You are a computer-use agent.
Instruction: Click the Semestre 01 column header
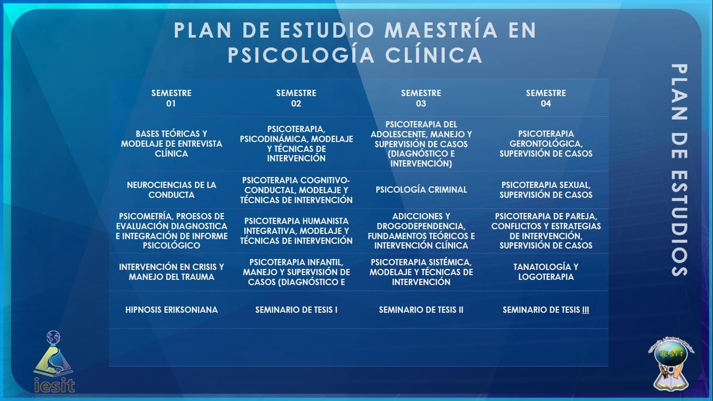point(171,98)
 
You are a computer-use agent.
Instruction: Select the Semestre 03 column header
point(421,98)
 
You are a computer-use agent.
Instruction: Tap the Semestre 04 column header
point(545,98)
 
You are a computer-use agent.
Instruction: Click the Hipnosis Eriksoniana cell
point(171,310)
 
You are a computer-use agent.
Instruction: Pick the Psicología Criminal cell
point(421,190)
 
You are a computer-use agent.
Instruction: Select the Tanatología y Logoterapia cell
point(545,272)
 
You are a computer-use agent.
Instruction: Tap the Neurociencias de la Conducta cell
point(171,190)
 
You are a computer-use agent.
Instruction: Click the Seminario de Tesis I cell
point(296,310)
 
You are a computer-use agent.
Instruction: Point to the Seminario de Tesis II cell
point(421,310)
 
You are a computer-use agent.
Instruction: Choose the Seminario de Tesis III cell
point(545,310)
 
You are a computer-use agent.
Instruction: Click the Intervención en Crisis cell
point(171,272)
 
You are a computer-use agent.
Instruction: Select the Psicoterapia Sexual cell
point(545,190)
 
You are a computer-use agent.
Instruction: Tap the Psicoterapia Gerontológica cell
point(545,144)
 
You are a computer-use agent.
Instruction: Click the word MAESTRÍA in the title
point(441,30)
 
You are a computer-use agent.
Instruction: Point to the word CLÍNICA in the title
point(434,55)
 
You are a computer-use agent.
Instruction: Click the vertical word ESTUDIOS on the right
point(679,223)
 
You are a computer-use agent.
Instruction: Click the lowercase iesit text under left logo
point(54,385)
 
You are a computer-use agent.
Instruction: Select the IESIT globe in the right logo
point(671,356)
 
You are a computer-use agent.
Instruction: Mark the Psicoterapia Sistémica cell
point(421,272)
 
